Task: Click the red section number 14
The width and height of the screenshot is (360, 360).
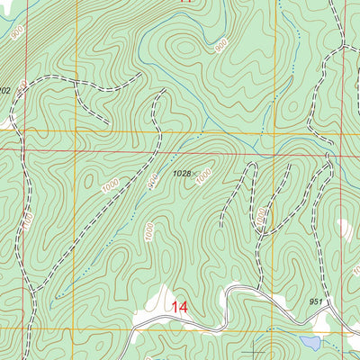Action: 179,309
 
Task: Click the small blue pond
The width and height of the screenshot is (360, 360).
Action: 310,344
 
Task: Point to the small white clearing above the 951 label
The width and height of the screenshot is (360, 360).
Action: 345,229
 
